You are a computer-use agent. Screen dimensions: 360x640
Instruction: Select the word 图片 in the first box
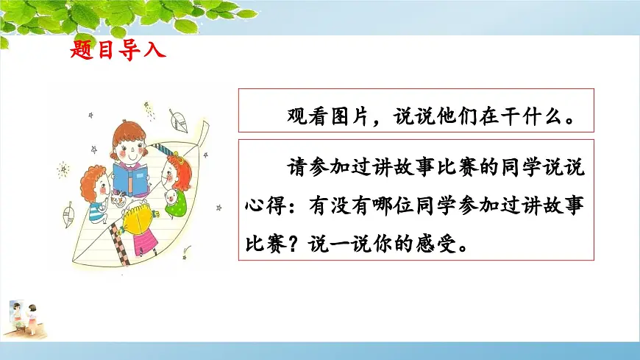click(x=349, y=116)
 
